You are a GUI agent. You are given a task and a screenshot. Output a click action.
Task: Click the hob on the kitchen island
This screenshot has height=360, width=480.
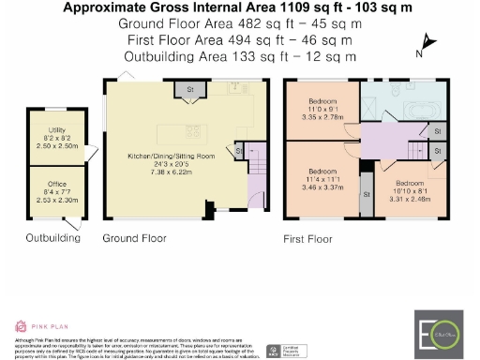pos(195,129)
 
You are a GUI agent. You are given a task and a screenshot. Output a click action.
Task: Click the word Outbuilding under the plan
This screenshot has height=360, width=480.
pos(52,238)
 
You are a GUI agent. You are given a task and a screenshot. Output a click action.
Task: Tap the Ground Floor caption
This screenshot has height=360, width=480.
pos(135,239)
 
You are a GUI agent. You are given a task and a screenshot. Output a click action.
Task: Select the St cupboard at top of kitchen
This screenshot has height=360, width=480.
pos(189,91)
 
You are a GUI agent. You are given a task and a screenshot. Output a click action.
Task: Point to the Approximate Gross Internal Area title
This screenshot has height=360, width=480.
pos(240,7)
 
